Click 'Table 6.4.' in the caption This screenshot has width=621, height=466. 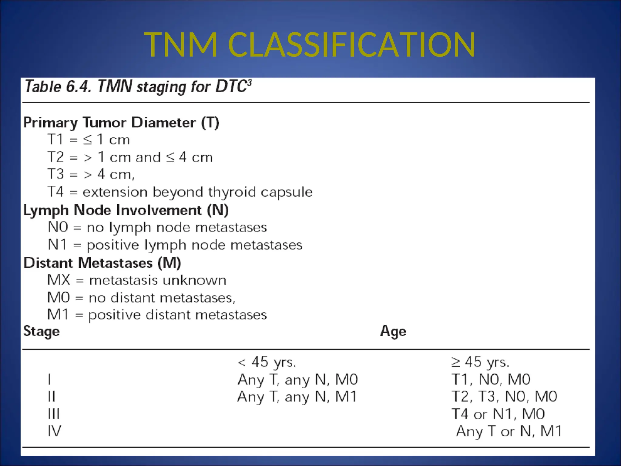click(58, 87)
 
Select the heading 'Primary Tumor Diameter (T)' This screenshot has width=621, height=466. click(121, 123)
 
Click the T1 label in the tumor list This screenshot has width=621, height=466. click(55, 140)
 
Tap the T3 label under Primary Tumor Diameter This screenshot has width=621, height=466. click(56, 174)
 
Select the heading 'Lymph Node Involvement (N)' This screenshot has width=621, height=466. click(126, 210)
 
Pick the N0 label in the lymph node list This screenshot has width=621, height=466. click(58, 227)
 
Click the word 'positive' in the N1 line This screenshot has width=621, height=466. click(113, 245)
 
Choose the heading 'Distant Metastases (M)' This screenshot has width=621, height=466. click(102, 263)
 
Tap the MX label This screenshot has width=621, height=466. click(59, 280)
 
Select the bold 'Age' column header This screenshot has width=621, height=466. click(393, 331)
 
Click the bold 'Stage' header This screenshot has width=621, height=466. click(42, 331)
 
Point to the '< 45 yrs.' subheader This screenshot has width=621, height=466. click(267, 362)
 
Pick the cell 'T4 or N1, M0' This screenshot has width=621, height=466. click(498, 414)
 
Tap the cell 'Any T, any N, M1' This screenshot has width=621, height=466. click(297, 397)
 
